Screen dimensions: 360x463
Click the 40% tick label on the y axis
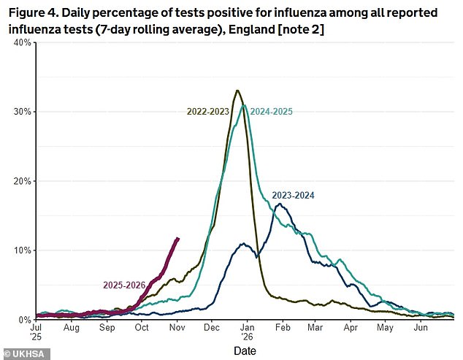click(x=20, y=42)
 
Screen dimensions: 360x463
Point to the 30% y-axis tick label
click(x=20, y=112)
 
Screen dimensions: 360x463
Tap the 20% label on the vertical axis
click(x=20, y=181)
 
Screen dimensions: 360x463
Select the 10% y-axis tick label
click(x=20, y=250)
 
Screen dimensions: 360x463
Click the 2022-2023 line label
click(x=207, y=112)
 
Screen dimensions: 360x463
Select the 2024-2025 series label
click(x=272, y=112)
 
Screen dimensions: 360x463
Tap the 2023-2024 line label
click(x=294, y=195)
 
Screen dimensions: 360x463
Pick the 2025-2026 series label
click(x=123, y=284)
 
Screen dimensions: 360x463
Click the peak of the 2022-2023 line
click(x=237, y=91)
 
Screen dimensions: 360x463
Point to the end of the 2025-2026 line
click(x=177, y=238)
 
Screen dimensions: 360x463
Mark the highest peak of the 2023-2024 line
click(x=278, y=204)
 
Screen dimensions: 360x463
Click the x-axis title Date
click(x=245, y=351)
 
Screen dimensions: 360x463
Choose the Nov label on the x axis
click(x=177, y=329)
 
